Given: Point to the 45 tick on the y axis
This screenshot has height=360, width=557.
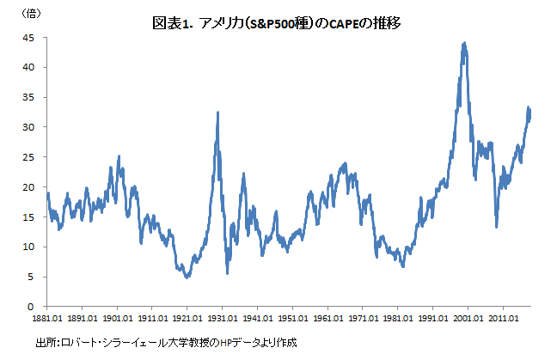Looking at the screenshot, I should pyautogui.click(x=28, y=38).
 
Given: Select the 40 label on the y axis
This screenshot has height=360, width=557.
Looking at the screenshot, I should pyautogui.click(x=28, y=68).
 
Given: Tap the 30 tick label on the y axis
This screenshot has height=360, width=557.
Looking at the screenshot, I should pyautogui.click(x=28, y=127).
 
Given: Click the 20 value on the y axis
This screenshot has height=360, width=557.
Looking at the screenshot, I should pyautogui.click(x=28, y=187).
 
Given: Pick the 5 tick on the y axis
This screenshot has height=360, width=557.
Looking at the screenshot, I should pyautogui.click(x=31, y=277).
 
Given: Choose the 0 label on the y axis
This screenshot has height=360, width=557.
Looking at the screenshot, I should pyautogui.click(x=31, y=307).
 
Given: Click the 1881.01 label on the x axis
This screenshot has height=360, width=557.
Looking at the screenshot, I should pyautogui.click(x=48, y=317).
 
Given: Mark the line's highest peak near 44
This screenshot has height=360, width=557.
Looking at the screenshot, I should pyautogui.click(x=464, y=42).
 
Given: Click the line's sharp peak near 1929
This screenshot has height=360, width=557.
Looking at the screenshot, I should pyautogui.click(x=217, y=113).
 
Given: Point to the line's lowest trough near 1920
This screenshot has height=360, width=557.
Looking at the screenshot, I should pyautogui.click(x=187, y=278).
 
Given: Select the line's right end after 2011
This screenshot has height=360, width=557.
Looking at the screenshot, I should pyautogui.click(x=530, y=116).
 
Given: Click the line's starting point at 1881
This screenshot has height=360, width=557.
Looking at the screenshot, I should pyautogui.click(x=48, y=194).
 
